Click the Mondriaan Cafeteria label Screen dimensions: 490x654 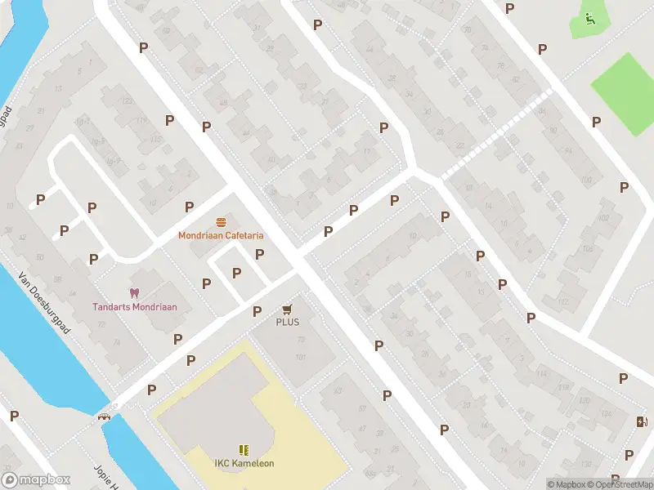click(x=222, y=236)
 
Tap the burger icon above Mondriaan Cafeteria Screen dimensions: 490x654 click(x=222, y=222)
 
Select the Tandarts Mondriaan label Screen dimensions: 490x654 click(x=134, y=307)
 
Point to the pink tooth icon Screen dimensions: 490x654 click(x=134, y=292)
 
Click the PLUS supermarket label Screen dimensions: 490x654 click(x=287, y=322)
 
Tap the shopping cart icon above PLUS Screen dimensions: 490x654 click(x=287, y=309)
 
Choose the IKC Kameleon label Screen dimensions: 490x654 click(x=244, y=464)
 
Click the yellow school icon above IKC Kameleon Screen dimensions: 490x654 click(x=244, y=450)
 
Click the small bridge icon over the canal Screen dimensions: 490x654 click(x=105, y=416)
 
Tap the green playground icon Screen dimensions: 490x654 click(x=589, y=18)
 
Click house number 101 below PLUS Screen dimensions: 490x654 click(x=300, y=357)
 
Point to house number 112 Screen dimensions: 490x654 click(x=562, y=301)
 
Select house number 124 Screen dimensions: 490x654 click(x=606, y=414)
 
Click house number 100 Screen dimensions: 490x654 click(x=585, y=179)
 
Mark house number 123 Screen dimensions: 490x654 click(x=128, y=100)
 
